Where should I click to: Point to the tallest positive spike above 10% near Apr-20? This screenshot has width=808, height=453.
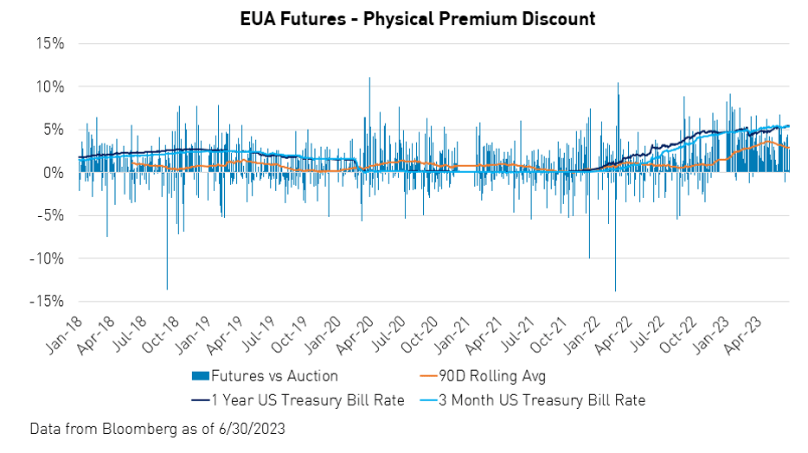(x=369, y=79)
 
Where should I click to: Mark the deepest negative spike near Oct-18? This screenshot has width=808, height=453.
(x=167, y=288)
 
